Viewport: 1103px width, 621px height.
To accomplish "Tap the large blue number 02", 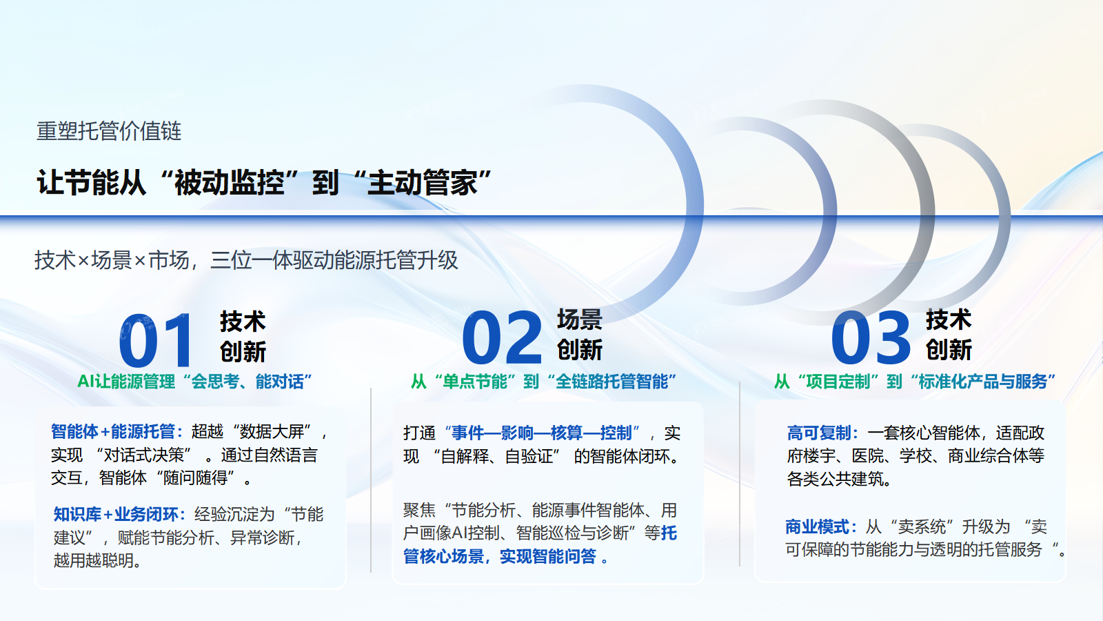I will [x=502, y=338].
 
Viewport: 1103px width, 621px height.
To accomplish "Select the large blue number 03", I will [x=871, y=338].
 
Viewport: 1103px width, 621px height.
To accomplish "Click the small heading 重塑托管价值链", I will [x=109, y=131].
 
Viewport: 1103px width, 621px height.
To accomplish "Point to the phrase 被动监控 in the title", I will [x=229, y=184].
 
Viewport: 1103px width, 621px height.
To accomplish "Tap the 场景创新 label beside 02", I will [x=579, y=335].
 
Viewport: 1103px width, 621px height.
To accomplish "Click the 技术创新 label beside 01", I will [x=243, y=336].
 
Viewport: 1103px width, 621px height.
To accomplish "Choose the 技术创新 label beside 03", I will [x=949, y=335].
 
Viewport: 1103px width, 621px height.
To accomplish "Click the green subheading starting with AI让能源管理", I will [x=194, y=382].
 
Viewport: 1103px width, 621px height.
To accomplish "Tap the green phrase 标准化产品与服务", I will [x=983, y=382].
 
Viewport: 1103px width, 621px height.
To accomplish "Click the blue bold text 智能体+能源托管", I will [x=113, y=432].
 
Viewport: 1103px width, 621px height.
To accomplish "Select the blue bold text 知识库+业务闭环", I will [x=116, y=515].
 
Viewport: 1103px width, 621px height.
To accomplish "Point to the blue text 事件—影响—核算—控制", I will [x=542, y=433].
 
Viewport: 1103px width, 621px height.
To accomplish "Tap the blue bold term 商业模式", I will [x=817, y=527].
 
